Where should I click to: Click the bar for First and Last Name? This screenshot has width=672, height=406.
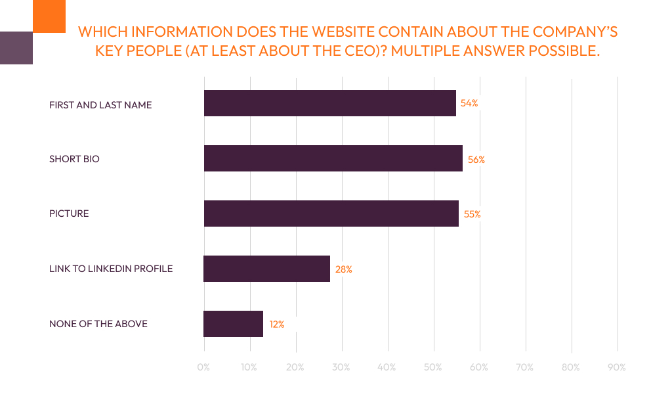tap(329, 103)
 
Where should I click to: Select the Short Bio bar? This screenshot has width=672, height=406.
tap(333, 158)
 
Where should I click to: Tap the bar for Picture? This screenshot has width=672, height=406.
tap(331, 214)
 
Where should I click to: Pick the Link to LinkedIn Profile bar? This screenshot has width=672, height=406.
tap(266, 269)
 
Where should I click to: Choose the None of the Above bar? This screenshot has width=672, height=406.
tap(233, 324)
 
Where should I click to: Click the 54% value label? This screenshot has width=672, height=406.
tap(469, 103)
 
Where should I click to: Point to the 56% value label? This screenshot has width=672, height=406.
tap(476, 159)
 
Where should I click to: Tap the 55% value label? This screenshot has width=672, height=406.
tap(472, 214)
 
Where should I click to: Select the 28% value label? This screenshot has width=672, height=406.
tap(344, 269)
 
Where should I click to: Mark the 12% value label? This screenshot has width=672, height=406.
tap(276, 325)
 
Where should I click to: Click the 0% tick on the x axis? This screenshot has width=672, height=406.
tap(203, 367)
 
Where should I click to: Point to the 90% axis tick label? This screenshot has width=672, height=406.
tap(617, 367)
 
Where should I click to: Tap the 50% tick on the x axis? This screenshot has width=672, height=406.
tap(433, 367)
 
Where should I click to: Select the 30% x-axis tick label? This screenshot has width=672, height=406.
tap(341, 367)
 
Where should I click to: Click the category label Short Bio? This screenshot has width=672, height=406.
tap(74, 159)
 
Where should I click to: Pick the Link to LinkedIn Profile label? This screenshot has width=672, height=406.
tap(111, 269)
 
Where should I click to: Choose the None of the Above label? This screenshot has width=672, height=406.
tap(98, 324)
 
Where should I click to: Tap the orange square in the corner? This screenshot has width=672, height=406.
tap(49, 16)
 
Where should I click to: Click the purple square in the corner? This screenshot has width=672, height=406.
tap(16, 47)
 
